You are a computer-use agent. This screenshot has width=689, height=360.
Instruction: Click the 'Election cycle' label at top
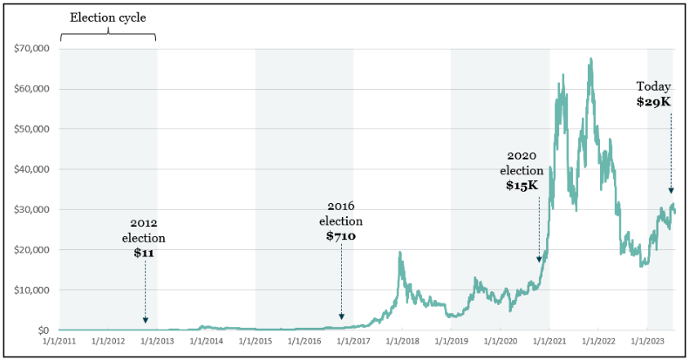pos(108,17)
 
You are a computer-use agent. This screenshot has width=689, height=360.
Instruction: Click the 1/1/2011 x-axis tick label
pos(60,343)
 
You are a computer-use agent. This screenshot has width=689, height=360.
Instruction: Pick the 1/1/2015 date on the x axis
pos(256,343)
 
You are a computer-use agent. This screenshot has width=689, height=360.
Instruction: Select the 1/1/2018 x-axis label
pos(402,343)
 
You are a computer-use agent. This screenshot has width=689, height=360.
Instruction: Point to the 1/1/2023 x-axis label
pos(646,343)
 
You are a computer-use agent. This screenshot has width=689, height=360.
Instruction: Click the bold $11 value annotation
pos(144,253)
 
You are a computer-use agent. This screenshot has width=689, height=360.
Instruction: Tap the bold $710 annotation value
pos(341,236)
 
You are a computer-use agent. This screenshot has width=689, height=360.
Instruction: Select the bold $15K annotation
pos(522,185)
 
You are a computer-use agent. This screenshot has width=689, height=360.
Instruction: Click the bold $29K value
pos(653,102)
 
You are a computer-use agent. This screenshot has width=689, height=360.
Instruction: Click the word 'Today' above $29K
pos(653,86)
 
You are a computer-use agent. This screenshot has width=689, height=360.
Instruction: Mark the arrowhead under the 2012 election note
pos(145,320)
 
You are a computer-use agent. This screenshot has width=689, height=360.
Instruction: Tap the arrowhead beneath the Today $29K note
pos(671,191)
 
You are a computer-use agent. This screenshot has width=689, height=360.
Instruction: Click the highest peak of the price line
pos(591,59)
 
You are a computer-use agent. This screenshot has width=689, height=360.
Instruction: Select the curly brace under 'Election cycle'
pos(108,36)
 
